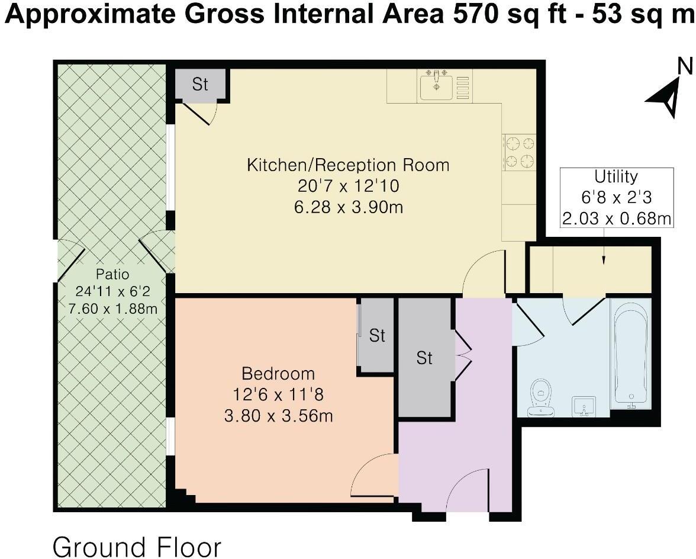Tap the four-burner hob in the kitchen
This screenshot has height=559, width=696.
click(x=519, y=152)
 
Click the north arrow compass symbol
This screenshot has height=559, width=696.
click(x=664, y=97)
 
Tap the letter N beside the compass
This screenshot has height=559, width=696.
click(x=685, y=66)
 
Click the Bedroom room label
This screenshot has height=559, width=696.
click(x=278, y=374)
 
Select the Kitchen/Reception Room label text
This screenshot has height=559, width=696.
click(x=348, y=165)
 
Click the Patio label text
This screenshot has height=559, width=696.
click(x=112, y=274)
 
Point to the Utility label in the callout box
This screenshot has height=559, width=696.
click(x=616, y=176)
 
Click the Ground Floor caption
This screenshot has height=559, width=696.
click(x=137, y=546)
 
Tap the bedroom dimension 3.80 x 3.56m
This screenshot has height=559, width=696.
click(x=278, y=416)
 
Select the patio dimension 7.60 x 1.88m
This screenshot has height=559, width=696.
click(x=112, y=308)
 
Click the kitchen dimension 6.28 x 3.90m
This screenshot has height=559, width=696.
click(x=349, y=207)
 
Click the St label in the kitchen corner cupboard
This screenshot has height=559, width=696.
click(x=200, y=83)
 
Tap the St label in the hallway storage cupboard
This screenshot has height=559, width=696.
click(x=424, y=358)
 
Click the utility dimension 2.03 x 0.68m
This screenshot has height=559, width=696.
click(x=616, y=218)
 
